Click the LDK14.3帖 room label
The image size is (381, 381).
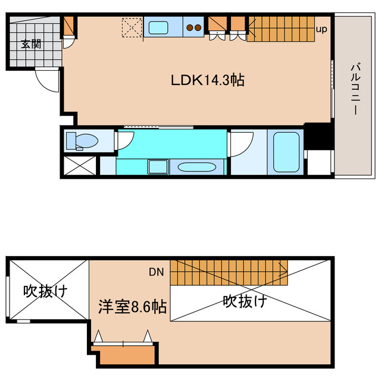[208, 80]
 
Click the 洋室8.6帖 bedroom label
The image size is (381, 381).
[132, 307]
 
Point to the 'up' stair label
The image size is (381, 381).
[321, 28]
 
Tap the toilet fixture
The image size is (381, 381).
[82, 141]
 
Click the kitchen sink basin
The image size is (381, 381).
[158, 27]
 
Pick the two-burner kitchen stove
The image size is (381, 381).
[193, 27]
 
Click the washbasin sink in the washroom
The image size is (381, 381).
[192, 167]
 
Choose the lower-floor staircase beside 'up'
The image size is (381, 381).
[280, 29]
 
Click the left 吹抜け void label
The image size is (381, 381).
[45, 291]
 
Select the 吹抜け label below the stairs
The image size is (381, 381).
[245, 301]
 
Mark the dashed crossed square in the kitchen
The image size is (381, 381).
[131, 27]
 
